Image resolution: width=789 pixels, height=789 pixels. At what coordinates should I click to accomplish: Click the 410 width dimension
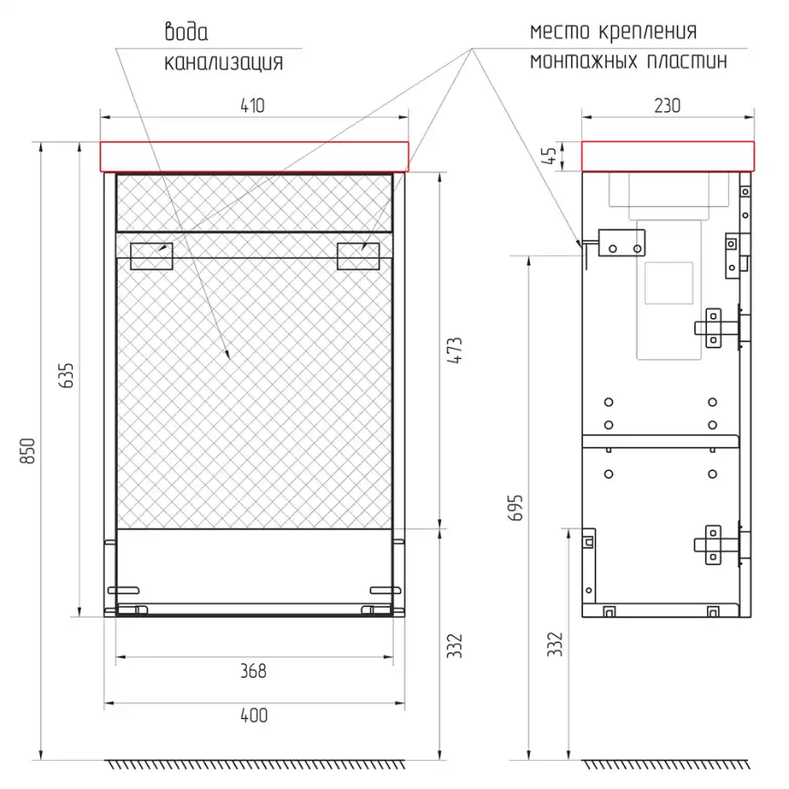(x=252, y=106)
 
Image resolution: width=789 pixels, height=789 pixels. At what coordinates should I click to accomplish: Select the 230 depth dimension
(x=667, y=106)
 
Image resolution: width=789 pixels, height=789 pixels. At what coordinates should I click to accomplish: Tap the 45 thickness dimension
(x=549, y=156)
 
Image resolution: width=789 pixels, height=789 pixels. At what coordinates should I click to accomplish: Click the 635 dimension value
(x=67, y=375)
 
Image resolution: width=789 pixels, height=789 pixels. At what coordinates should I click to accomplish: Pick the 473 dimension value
(x=456, y=351)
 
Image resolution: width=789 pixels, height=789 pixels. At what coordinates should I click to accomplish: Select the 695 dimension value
(x=517, y=507)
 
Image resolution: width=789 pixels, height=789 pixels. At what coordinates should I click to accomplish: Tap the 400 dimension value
(x=253, y=716)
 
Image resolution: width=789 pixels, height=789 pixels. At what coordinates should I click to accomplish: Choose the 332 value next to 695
(x=557, y=644)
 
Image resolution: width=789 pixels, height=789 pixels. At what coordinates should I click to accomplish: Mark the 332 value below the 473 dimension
(x=456, y=645)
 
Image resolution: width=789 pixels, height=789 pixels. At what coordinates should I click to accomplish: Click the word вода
(x=186, y=33)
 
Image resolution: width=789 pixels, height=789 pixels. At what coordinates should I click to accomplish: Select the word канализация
(x=223, y=63)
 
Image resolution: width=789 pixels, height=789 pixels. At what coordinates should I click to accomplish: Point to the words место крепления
(x=613, y=32)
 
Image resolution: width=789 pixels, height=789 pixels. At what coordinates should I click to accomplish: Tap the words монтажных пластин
(x=629, y=62)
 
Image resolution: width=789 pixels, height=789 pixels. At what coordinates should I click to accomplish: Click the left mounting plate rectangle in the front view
(x=151, y=255)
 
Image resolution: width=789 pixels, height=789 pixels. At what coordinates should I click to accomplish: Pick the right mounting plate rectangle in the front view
(x=358, y=255)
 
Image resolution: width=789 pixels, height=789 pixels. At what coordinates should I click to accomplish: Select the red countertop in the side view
(x=668, y=156)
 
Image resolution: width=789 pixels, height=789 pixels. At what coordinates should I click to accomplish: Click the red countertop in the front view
(x=254, y=157)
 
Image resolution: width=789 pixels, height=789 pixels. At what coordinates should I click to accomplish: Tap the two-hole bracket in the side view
(x=624, y=242)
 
